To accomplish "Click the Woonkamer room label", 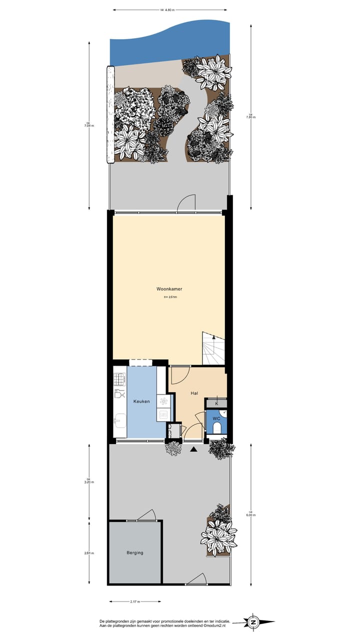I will [169, 289].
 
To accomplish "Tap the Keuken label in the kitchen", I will [141, 401].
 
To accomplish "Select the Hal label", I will [194, 393].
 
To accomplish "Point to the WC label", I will [216, 418].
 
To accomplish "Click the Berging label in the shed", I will [135, 552].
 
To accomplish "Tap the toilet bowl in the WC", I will [217, 427].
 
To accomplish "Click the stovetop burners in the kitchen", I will [119, 379].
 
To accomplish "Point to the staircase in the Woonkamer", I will [213, 348].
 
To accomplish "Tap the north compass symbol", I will [253, 622].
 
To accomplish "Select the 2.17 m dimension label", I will [134, 601].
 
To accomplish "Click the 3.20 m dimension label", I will [89, 482].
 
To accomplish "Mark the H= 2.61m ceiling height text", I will [170, 297].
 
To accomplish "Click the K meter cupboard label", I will [216, 403].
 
